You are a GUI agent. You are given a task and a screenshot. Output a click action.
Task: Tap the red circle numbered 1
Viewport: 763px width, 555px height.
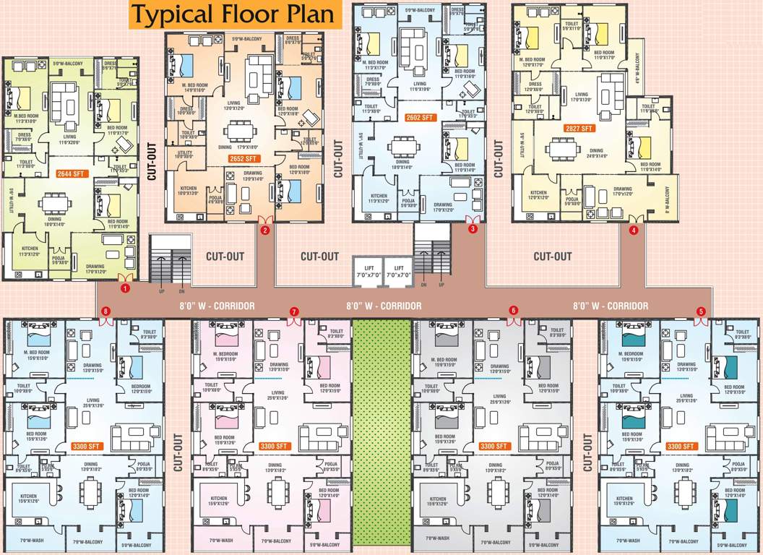pos(125,288)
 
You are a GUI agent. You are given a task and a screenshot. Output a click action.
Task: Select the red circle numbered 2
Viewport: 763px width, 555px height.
pos(265,231)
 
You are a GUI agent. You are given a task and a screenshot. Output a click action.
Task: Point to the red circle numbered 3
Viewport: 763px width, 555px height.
pos(473,229)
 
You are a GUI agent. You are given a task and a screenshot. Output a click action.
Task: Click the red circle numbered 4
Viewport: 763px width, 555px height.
pos(634,231)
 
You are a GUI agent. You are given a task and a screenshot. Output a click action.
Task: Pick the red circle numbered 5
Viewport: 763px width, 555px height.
pos(700,311)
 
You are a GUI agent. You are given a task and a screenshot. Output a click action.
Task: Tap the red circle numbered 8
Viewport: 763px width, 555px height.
pos(106,311)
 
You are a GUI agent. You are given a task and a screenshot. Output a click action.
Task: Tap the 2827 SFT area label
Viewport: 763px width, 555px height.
pos(578,129)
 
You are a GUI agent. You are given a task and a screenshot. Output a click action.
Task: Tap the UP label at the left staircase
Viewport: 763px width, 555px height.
pos(161,292)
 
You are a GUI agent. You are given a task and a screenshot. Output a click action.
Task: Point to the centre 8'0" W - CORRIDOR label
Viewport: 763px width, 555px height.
pos(384,306)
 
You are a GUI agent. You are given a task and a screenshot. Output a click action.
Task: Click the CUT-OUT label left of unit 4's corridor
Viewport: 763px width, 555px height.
pos(553,257)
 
